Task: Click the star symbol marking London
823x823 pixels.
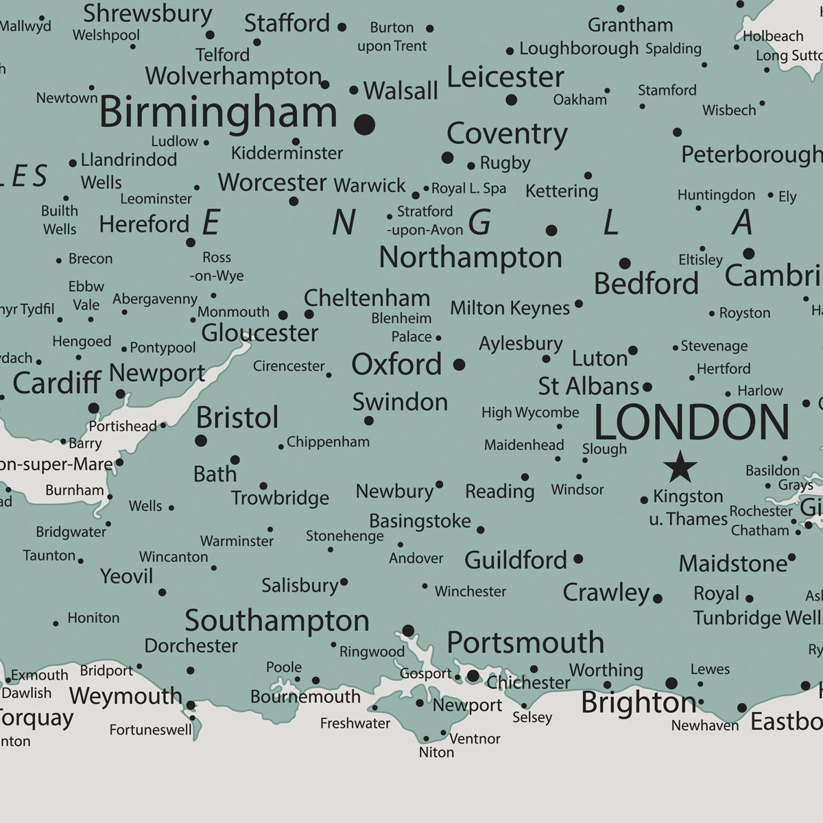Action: (x=680, y=467)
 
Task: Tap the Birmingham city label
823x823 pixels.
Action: (x=218, y=112)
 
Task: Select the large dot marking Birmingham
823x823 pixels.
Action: (x=365, y=124)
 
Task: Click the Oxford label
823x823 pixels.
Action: (x=396, y=364)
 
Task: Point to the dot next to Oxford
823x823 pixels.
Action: (x=459, y=364)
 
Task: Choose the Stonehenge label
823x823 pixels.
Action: (x=344, y=536)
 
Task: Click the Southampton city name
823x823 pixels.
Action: (x=277, y=621)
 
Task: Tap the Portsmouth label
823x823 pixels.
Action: (x=525, y=643)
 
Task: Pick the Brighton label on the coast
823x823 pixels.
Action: (x=638, y=702)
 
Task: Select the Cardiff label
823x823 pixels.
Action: (x=57, y=383)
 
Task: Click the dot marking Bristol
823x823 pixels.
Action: (x=201, y=440)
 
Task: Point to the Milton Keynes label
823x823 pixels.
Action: (x=510, y=309)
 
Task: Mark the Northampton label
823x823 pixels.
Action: (x=470, y=258)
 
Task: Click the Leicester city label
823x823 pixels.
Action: (x=505, y=77)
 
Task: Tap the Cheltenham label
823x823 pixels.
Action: (x=367, y=298)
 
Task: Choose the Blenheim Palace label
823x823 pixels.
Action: (x=401, y=327)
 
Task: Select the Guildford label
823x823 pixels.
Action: (x=516, y=560)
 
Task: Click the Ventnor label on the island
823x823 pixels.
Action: (x=475, y=739)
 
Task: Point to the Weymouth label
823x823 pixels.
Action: (x=126, y=696)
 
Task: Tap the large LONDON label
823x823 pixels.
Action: (x=691, y=422)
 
